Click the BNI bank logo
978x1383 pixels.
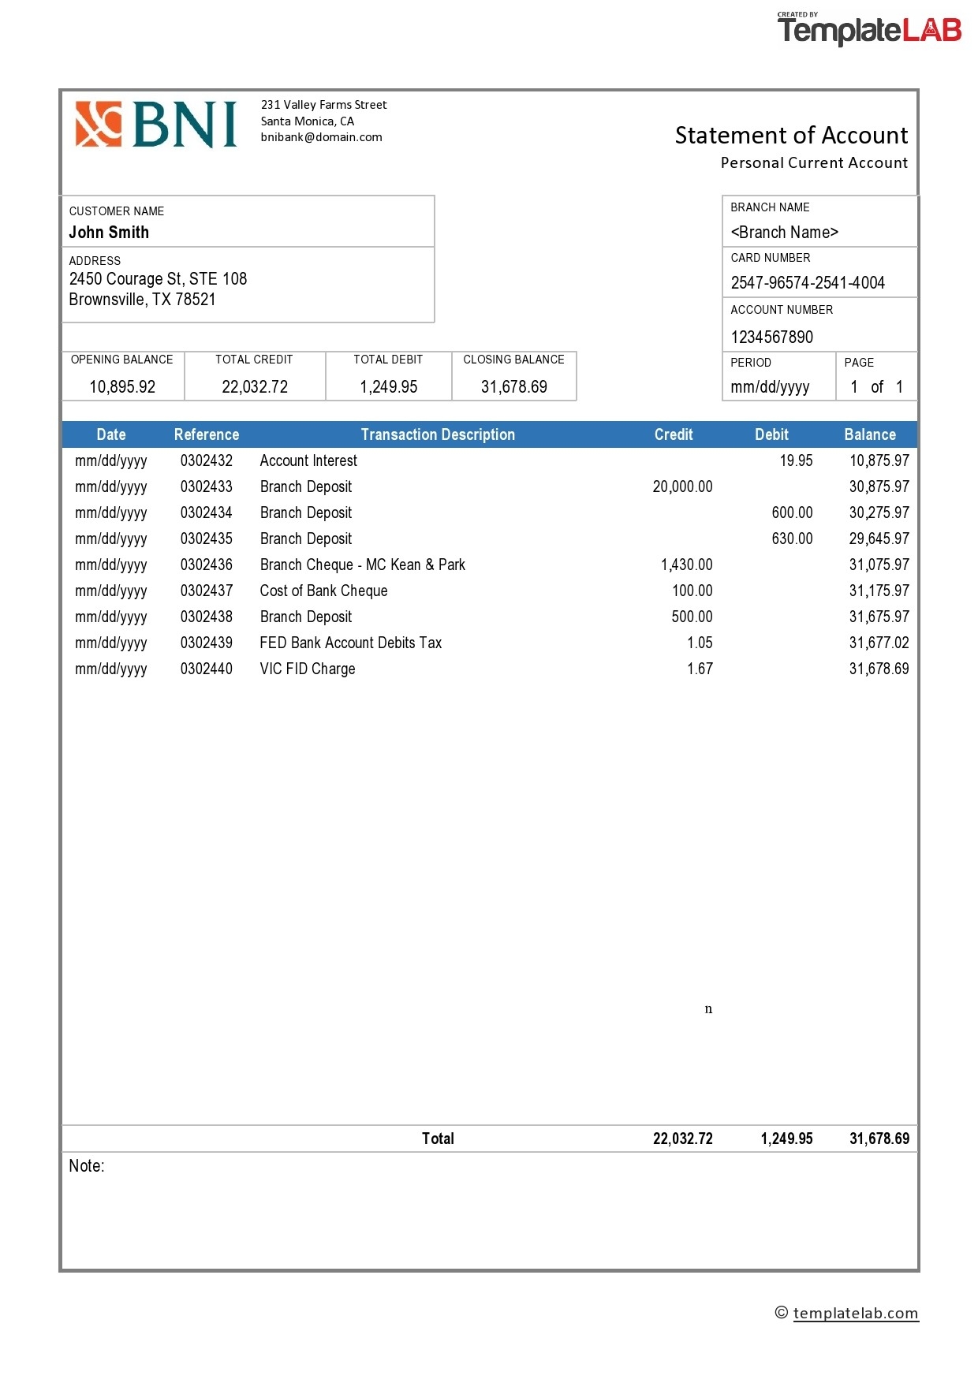pyautogui.click(x=156, y=125)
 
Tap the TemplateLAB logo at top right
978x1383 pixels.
pyautogui.click(x=869, y=30)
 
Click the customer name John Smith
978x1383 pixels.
pyautogui.click(x=109, y=233)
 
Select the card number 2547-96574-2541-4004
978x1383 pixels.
pyautogui.click(x=808, y=283)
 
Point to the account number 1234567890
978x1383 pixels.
pyautogui.click(x=771, y=337)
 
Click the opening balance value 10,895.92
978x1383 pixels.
pyautogui.click(x=122, y=387)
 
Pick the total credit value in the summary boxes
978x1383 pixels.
pyautogui.click(x=255, y=387)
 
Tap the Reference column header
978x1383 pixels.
pyautogui.click(x=207, y=434)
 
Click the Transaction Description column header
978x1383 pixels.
pyautogui.click(x=438, y=434)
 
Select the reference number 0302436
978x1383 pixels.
pyautogui.click(x=207, y=565)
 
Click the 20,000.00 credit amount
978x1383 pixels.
pyautogui.click(x=682, y=486)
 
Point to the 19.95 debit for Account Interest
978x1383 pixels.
pyautogui.click(x=796, y=460)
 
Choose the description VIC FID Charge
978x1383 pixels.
pyautogui.click(x=308, y=669)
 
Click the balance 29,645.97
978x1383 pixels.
pyautogui.click(x=879, y=539)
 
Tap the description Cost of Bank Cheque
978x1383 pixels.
pyautogui.click(x=323, y=591)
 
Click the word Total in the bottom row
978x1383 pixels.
pyautogui.click(x=438, y=1139)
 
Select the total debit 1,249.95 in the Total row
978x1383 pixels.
pyautogui.click(x=786, y=1139)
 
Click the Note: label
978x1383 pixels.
pyautogui.click(x=87, y=1166)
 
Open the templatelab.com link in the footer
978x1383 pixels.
pyautogui.click(x=856, y=1313)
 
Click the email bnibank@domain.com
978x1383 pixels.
pyautogui.click(x=321, y=137)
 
